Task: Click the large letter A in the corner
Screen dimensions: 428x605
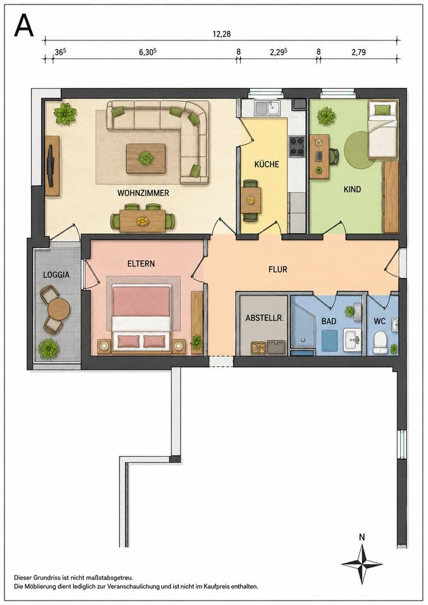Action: click(23, 26)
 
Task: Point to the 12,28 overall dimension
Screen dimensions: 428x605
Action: click(221, 34)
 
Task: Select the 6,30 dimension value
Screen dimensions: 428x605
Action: click(147, 52)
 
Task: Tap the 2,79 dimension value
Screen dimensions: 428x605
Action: click(358, 52)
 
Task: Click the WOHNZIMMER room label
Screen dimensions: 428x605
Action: click(143, 193)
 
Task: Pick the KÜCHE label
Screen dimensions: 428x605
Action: click(266, 164)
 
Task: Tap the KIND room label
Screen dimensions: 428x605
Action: click(352, 190)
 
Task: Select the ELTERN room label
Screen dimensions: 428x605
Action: click(141, 263)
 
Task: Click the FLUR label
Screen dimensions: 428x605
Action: click(278, 269)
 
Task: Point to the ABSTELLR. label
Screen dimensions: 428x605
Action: click(265, 319)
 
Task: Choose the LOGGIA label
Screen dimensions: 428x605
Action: click(56, 275)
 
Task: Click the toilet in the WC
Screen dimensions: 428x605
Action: click(381, 342)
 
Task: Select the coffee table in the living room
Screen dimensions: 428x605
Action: click(146, 159)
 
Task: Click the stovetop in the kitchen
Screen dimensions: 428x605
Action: click(297, 146)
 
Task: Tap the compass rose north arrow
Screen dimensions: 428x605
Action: click(362, 563)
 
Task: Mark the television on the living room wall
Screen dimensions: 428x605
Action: click(50, 166)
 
